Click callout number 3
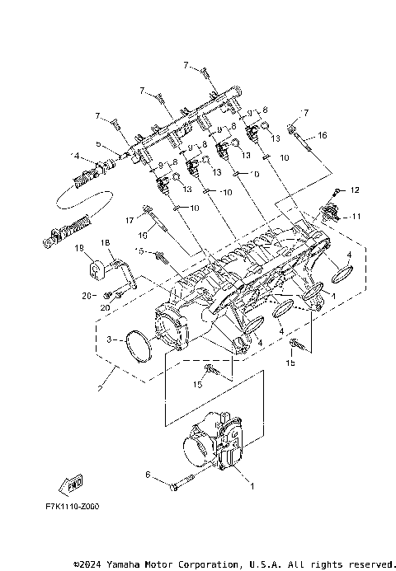click(x=110, y=339)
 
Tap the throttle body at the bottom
click(x=216, y=446)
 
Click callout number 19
click(x=79, y=247)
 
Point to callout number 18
click(x=106, y=242)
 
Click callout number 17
click(x=129, y=220)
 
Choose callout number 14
click(x=76, y=155)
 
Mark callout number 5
click(x=98, y=143)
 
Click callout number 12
click(x=356, y=190)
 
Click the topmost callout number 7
click(x=186, y=63)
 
